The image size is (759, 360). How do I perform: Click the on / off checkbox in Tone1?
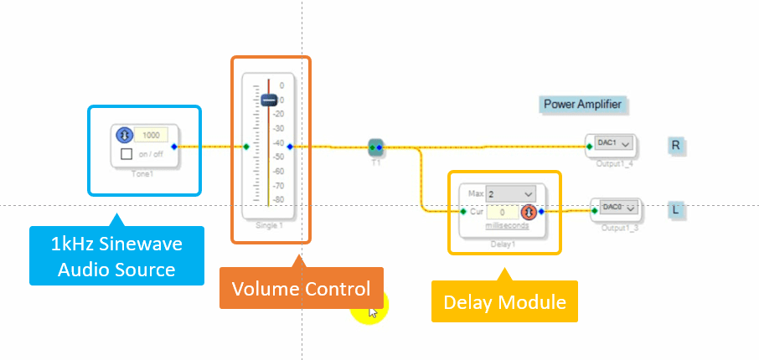tap(126, 154)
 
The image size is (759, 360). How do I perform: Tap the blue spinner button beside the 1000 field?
tap(123, 135)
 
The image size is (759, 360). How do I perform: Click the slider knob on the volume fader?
tap(268, 100)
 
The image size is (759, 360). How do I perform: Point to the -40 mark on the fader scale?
tap(281, 142)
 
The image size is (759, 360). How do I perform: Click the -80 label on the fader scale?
tap(281, 199)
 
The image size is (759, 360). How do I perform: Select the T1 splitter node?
tap(376, 148)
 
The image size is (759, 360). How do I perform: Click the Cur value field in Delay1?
tap(501, 212)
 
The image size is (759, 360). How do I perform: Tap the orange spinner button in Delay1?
tap(529, 212)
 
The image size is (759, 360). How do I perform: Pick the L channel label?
tap(676, 208)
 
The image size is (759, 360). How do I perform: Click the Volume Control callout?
tap(301, 290)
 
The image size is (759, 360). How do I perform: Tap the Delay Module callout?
tap(504, 301)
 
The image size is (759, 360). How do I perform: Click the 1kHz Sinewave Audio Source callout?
tap(116, 256)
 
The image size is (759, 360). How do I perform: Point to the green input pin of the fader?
tap(246, 147)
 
